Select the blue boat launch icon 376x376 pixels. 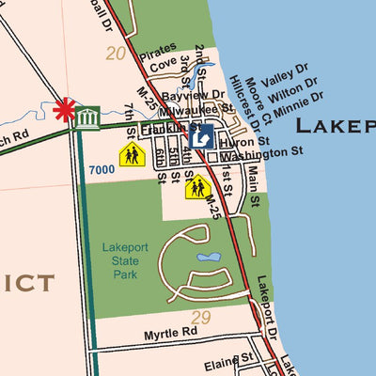coord(199,138)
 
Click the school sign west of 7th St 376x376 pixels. coord(131,154)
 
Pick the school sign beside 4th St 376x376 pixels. coord(196,187)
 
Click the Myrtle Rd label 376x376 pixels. coord(170,333)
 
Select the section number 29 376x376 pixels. coord(201,318)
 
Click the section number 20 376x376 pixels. coord(116,54)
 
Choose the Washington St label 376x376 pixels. coord(261,150)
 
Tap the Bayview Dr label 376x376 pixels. coord(193,96)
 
